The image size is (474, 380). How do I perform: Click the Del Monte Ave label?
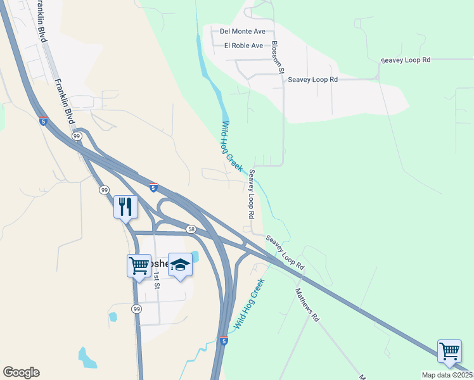pyautogui.click(x=242, y=31)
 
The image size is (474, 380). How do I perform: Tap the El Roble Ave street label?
pyautogui.click(x=243, y=46)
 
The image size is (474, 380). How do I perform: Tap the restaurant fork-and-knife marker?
pyautogui.click(x=125, y=206)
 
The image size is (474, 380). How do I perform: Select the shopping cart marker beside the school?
pyautogui.click(x=139, y=266)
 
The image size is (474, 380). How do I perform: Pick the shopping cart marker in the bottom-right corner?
pyautogui.click(x=449, y=351)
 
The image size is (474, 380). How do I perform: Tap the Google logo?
pyautogui.click(x=21, y=372)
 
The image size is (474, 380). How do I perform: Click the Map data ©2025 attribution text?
pyautogui.click(x=447, y=375)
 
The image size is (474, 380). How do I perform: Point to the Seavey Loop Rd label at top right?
pyautogui.click(x=406, y=60)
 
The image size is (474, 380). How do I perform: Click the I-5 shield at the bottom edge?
pyautogui.click(x=223, y=341)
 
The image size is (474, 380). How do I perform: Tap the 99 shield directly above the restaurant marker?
pyautogui.click(x=103, y=189)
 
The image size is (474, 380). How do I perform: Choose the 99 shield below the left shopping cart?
pyautogui.click(x=136, y=308)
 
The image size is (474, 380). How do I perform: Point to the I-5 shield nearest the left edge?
pyautogui.click(x=42, y=121)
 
